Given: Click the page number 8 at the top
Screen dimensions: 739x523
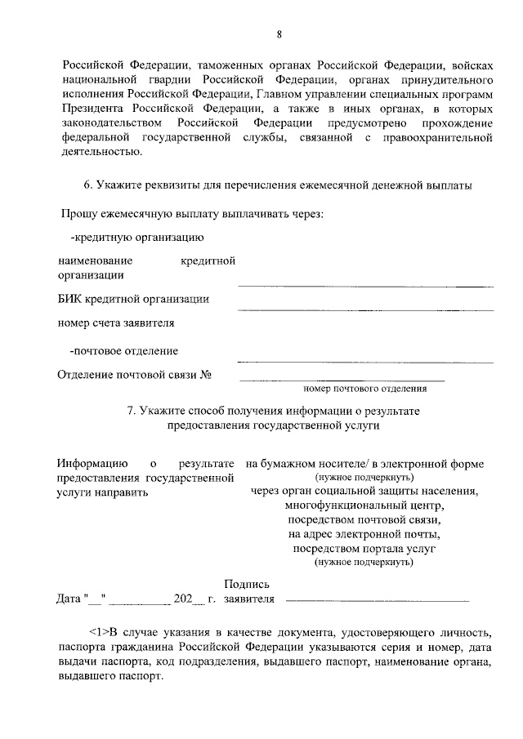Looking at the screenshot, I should click(x=279, y=34).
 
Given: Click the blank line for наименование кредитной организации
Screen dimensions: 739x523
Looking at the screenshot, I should click(x=365, y=286).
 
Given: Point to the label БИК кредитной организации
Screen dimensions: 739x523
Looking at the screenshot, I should click(x=133, y=299).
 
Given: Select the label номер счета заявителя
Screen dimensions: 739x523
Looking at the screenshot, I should click(x=116, y=323).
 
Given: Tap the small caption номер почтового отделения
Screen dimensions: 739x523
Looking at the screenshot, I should click(x=364, y=389).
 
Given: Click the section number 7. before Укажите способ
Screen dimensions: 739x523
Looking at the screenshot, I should click(x=132, y=412).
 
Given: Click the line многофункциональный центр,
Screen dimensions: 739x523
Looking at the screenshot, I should click(x=364, y=506).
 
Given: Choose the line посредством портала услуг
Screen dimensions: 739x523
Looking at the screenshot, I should click(x=364, y=549).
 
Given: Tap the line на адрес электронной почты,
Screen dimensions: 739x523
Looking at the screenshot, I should click(x=364, y=535).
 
